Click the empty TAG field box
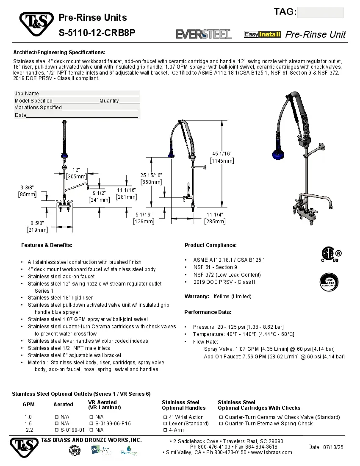click(320, 12)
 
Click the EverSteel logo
click(204, 34)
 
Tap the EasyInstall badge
click(262, 34)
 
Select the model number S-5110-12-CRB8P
click(97, 33)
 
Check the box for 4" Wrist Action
click(165, 417)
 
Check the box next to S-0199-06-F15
click(91, 424)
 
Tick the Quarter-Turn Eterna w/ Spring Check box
click(221, 424)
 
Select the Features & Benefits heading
click(47, 245)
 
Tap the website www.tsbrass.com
click(271, 452)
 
